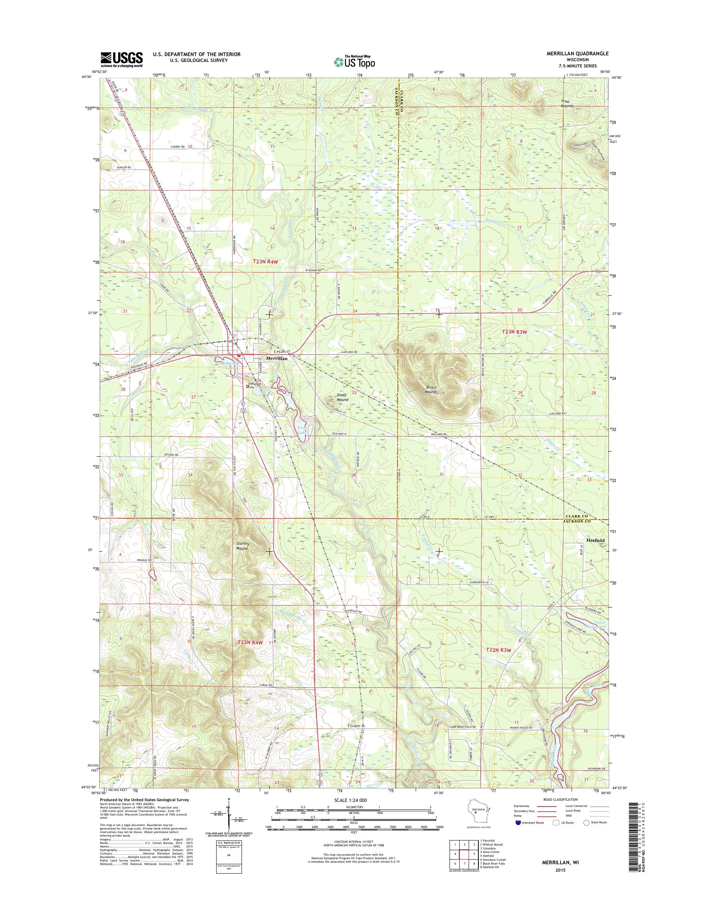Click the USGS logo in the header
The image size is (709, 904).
coord(121,59)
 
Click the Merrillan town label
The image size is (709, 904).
coord(277,358)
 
